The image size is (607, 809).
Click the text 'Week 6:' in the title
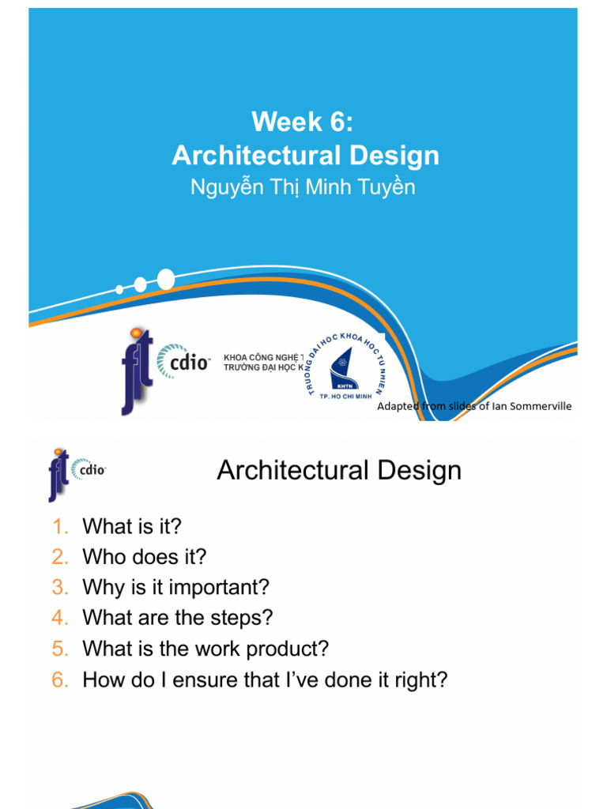300,122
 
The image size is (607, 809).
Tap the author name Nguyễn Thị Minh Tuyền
303,187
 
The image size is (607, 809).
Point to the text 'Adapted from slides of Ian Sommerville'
474,406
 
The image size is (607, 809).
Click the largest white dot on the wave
166,279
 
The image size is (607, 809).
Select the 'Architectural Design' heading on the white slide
339,471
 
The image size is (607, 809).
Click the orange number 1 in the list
61,526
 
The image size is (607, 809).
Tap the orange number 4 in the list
61,618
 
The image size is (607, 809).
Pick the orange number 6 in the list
61,679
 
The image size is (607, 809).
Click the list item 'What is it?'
132,526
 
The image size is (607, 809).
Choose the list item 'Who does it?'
145,557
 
